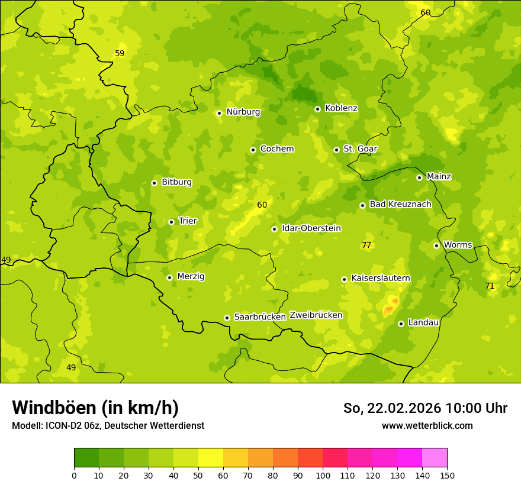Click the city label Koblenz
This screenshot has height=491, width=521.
[x=341, y=108]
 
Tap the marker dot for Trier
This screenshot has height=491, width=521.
[x=172, y=222]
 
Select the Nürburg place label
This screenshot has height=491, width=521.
[x=243, y=112]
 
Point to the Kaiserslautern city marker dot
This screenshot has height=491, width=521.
[x=344, y=279]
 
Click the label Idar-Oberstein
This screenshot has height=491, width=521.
[x=311, y=228]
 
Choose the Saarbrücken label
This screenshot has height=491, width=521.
[x=260, y=317]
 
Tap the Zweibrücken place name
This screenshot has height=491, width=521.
[x=316, y=315]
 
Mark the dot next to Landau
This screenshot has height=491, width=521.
[x=401, y=324]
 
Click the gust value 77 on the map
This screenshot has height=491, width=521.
[x=366, y=245]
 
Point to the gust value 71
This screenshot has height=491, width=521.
[x=490, y=286]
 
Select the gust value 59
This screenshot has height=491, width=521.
[x=120, y=53]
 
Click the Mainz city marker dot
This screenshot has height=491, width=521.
[x=419, y=177]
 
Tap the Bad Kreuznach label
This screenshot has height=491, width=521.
[x=400, y=204]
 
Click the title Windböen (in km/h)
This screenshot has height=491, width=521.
[x=95, y=408]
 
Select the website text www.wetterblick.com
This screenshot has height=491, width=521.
[x=427, y=425]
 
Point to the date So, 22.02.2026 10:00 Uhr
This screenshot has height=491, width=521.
[x=425, y=408]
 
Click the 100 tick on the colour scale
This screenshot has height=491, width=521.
[x=323, y=476]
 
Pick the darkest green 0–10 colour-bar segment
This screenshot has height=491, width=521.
[x=86, y=457]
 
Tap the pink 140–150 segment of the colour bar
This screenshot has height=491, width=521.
[x=435, y=457]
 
